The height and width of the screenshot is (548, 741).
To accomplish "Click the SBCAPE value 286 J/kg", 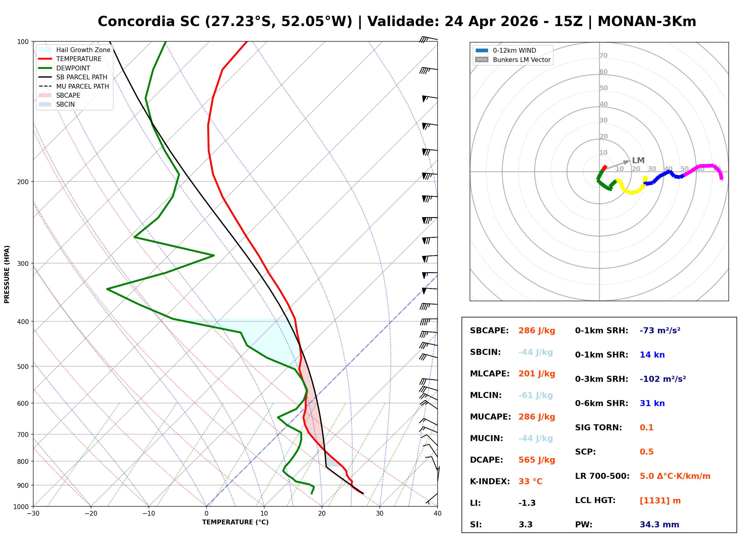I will [x=536, y=331].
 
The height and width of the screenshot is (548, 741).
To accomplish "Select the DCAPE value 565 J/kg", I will [x=536, y=460].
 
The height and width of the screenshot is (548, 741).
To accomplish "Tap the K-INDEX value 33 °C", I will [x=530, y=482].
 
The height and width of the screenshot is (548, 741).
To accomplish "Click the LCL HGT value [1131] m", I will [x=660, y=501].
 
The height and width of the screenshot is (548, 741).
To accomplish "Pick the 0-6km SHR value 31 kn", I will [x=652, y=403].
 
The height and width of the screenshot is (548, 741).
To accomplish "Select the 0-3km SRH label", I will [x=601, y=379].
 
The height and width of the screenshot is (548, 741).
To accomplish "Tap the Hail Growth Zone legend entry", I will [x=83, y=50].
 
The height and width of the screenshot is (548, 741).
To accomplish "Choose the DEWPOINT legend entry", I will [x=73, y=68].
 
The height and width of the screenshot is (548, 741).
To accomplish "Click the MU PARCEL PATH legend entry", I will [x=82, y=86].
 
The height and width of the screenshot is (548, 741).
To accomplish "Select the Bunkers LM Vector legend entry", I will [x=521, y=60].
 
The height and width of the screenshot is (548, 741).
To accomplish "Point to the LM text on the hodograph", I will [x=638, y=161].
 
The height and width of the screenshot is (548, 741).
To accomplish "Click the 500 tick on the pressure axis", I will [x=23, y=367].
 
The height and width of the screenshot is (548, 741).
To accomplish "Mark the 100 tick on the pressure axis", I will [x=23, y=41].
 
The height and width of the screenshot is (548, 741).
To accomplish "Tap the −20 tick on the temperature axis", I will [x=90, y=514].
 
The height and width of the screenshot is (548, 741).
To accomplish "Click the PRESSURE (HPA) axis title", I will [x=7, y=274].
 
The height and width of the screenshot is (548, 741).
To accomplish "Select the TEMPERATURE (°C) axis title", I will [x=235, y=522].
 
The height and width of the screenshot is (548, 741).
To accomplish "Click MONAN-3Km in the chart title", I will [x=646, y=22].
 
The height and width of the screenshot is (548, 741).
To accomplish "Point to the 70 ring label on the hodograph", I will [x=603, y=56].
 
